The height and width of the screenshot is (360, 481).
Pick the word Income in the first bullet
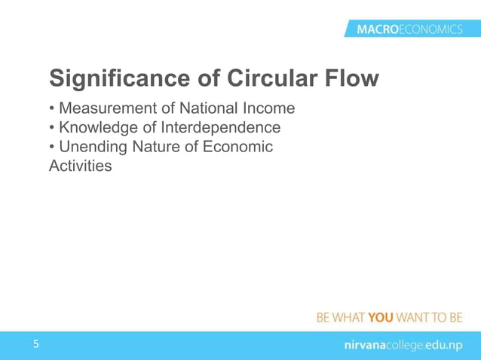268,110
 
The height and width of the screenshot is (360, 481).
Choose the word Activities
80,165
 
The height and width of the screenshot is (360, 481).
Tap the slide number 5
35,345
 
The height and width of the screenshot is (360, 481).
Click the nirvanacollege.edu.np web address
399,345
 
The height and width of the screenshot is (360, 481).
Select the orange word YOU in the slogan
381,317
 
